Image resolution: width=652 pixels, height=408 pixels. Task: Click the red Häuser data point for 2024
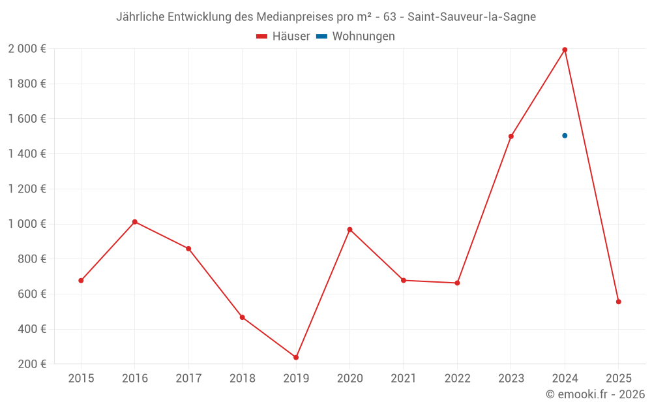pos(565,50)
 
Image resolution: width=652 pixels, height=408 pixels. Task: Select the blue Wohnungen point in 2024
pos(565,136)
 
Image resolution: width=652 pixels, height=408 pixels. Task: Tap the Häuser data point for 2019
pos(296,357)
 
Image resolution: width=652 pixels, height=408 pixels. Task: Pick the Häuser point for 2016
pos(135,222)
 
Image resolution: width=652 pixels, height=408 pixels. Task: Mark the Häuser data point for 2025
pos(619,302)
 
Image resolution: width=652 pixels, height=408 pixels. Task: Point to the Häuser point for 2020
pos(349,230)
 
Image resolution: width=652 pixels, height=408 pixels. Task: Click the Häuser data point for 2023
pos(511,136)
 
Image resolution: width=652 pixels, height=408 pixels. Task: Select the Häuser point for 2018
pos(242,317)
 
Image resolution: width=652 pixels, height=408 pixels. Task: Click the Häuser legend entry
pos(283,37)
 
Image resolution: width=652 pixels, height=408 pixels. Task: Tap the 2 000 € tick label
pos(27,49)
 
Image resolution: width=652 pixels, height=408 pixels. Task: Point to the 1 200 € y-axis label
pos(27,189)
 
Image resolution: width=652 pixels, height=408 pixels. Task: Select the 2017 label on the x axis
pos(188,379)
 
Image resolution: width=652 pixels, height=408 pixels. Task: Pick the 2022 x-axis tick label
pos(457,379)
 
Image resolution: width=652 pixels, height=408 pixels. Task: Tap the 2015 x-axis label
pos(81,379)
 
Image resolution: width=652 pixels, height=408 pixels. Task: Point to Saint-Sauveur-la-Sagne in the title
pos(471,17)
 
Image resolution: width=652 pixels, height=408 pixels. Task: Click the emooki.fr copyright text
pos(595,394)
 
